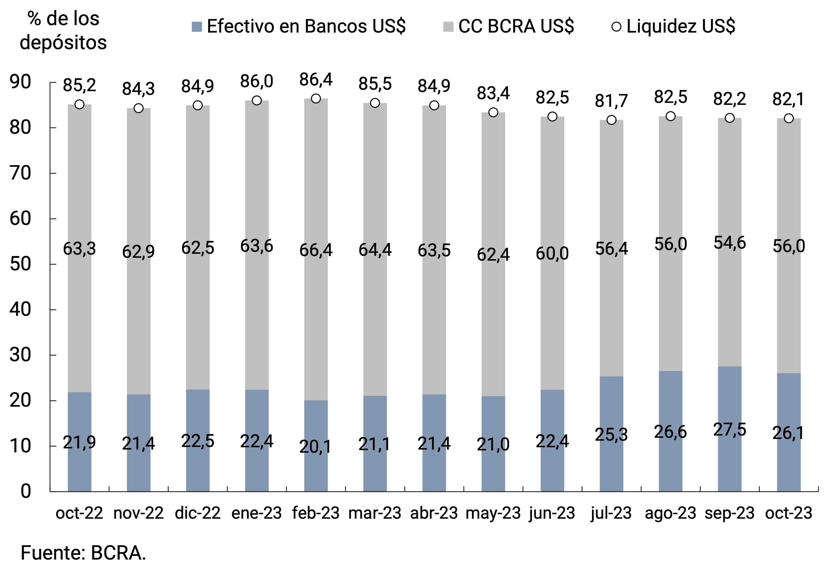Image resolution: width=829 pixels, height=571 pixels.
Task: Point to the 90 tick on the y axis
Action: [20, 82]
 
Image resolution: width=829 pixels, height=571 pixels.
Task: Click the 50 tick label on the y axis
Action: [20, 264]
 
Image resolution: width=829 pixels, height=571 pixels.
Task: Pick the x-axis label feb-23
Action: [316, 513]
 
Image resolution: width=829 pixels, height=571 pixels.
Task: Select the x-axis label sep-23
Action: [730, 513]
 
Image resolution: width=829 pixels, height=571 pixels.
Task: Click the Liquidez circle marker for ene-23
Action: [256, 101]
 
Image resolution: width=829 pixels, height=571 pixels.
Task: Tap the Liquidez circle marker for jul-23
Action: [611, 120]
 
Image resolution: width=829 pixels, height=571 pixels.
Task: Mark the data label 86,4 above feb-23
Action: [316, 79]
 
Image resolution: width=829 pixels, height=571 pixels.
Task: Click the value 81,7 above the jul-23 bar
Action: [611, 101]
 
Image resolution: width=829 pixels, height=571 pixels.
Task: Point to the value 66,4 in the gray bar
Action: [316, 250]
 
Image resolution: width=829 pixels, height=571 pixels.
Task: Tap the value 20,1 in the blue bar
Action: [316, 446]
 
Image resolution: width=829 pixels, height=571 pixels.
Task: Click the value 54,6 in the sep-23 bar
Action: [730, 243]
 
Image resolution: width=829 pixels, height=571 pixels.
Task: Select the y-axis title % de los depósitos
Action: [63, 30]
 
